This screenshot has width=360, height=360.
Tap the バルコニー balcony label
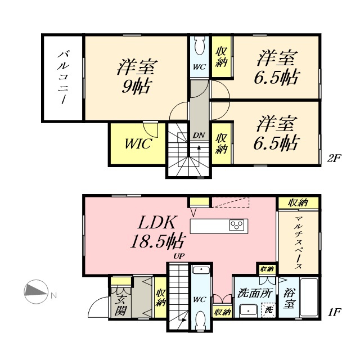[62, 78]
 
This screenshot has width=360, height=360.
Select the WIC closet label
[137, 143]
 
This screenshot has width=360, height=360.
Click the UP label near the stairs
[179, 256]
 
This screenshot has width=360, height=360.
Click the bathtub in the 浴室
[310, 298]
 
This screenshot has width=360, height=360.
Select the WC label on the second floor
[199, 66]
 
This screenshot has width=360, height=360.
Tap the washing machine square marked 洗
[269, 310]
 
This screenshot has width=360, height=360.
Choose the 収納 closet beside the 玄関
[161, 298]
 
